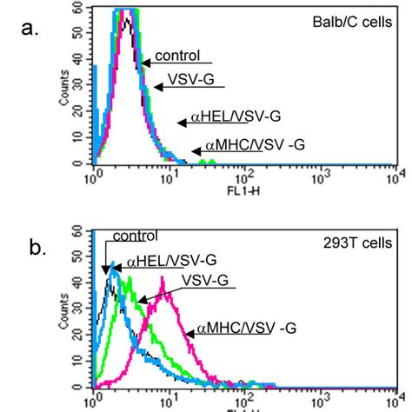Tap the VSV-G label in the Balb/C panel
[x=179, y=81]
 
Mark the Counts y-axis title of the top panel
[x=63, y=88]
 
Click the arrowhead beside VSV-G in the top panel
[x=156, y=87]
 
